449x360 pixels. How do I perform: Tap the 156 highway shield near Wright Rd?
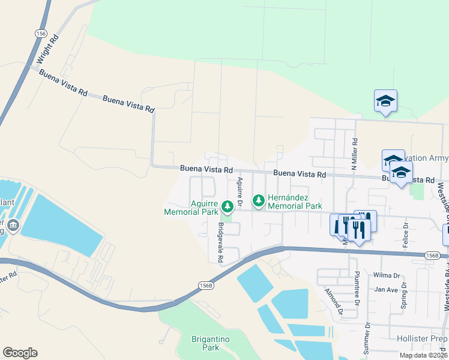tap(41, 34)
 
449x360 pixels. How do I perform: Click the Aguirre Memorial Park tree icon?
tap(228, 206)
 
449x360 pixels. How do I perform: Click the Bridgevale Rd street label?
tap(220, 242)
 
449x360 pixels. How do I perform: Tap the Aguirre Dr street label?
tap(240, 189)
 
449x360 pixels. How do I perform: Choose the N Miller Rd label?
tap(355, 154)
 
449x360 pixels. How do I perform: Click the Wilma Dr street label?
tap(387, 275)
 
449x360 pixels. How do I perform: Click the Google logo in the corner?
tap(20, 353)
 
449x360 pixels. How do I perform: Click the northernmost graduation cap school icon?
tap(385, 101)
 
